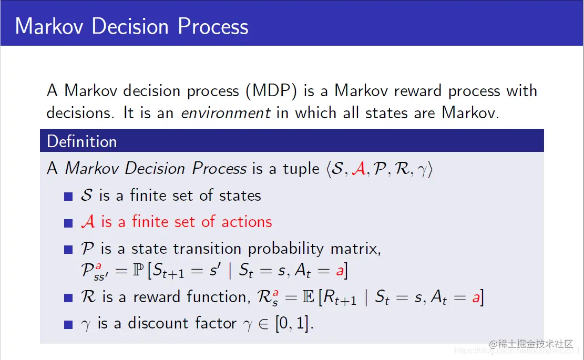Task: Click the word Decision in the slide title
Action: point(130,26)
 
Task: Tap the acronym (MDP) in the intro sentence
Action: point(272,91)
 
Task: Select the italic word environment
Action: point(226,113)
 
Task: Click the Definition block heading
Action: point(82,141)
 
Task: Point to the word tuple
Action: point(301,169)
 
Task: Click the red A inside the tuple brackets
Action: point(358,169)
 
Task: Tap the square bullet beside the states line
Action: point(68,197)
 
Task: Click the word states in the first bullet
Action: point(240,196)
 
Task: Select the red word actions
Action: point(247,222)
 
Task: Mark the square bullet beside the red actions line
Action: point(68,223)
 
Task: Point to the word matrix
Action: point(356,249)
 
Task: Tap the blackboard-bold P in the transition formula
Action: point(138,270)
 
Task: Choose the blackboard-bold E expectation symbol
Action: point(309,297)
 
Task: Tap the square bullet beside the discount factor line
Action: point(68,325)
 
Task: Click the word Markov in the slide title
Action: point(49,26)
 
